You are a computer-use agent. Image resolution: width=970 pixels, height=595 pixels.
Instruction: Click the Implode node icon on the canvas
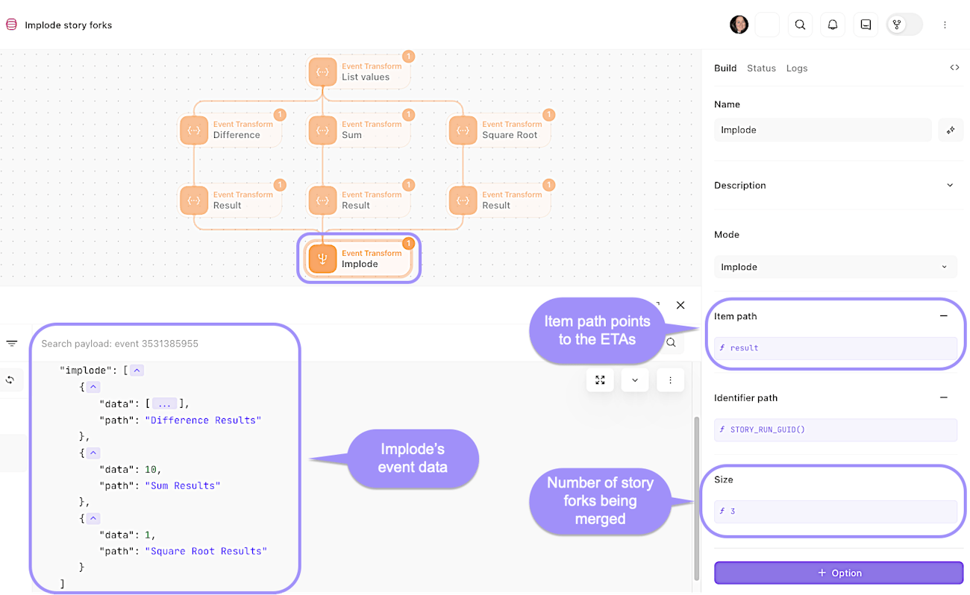322,259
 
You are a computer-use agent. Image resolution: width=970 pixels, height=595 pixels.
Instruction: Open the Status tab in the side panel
761,68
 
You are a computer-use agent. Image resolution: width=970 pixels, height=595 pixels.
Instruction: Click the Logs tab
797,68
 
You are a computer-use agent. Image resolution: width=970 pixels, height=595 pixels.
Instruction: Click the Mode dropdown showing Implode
835,267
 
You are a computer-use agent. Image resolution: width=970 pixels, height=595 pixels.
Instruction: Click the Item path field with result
835,347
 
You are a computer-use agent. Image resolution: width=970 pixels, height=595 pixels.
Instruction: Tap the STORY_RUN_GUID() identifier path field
835,429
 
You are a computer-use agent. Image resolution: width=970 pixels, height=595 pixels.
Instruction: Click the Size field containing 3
835,511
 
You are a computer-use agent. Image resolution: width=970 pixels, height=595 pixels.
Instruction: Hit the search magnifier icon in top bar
800,25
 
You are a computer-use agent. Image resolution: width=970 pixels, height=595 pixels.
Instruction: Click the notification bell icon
833,25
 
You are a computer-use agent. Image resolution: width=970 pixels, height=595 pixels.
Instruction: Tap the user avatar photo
739,25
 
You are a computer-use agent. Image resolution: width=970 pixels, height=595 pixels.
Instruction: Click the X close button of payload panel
680,305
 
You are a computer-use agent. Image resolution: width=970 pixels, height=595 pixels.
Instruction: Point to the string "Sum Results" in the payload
183,485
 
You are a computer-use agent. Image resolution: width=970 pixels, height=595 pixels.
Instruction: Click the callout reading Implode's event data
412,459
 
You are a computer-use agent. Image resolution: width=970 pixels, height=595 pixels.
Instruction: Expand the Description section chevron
950,185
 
